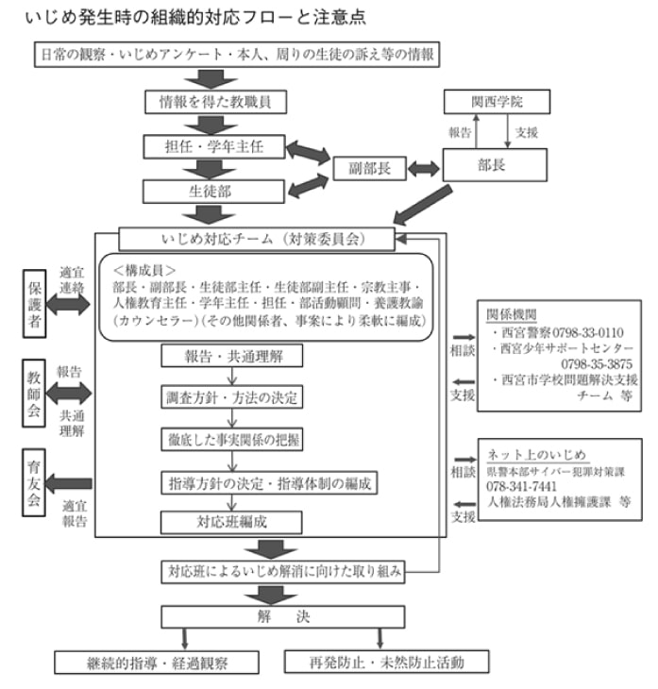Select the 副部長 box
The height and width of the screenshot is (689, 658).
click(x=370, y=168)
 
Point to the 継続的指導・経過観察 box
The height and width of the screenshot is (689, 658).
click(x=157, y=662)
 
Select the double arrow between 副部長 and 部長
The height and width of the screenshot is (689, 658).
click(x=423, y=169)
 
